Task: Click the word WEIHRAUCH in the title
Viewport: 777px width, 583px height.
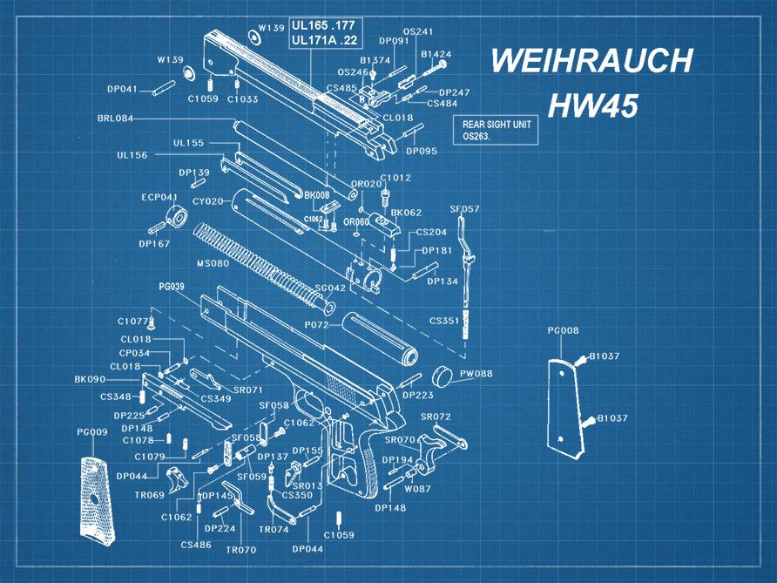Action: click(x=591, y=62)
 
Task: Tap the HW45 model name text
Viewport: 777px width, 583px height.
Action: click(x=592, y=105)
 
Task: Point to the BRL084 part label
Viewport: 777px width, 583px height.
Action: click(x=115, y=118)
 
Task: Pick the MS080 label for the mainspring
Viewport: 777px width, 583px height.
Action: click(x=213, y=262)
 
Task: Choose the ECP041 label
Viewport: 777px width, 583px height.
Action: click(x=159, y=197)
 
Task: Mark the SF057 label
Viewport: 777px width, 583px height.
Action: click(x=464, y=209)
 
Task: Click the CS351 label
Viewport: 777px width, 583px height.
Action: click(x=444, y=321)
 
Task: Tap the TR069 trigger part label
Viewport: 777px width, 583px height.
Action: click(x=150, y=494)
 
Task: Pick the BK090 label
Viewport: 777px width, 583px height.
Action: click(x=90, y=379)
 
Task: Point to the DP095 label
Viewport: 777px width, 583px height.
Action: click(x=422, y=150)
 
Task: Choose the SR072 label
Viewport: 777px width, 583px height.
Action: click(x=436, y=417)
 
